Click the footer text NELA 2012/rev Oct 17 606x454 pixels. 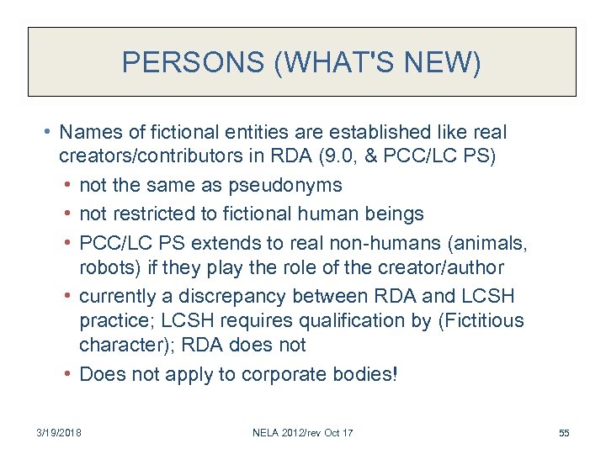[x=303, y=433]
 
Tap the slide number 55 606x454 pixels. [x=564, y=433]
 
